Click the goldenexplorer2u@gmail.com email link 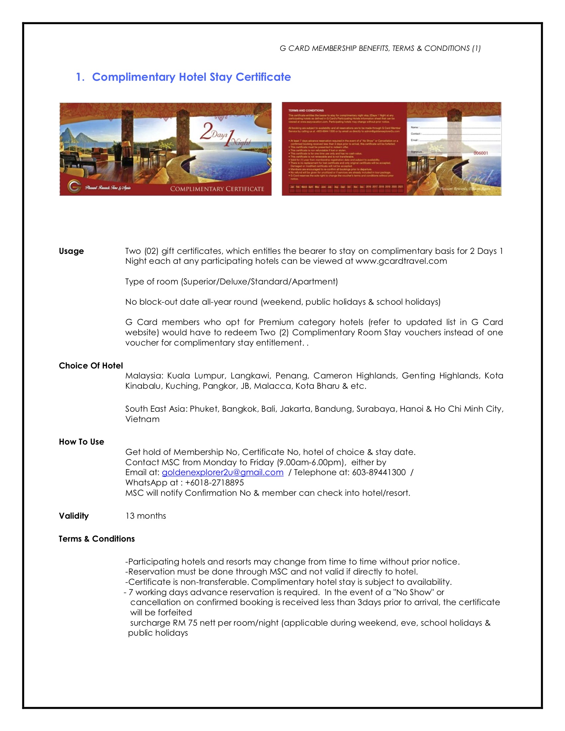(x=223, y=472)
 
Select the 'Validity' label (x=74, y=516)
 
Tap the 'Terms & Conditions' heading (x=97, y=539)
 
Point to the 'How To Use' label (x=81, y=442)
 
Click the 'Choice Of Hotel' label (x=91, y=365)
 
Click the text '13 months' (x=146, y=516)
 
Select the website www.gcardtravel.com (x=401, y=261)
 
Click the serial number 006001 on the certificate (x=481, y=153)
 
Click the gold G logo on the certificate (x=74, y=186)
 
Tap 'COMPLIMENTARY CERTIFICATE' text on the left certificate (x=217, y=189)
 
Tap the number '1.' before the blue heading (x=80, y=77)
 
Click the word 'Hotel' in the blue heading (x=193, y=77)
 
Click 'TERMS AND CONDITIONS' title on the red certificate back (x=306, y=110)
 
